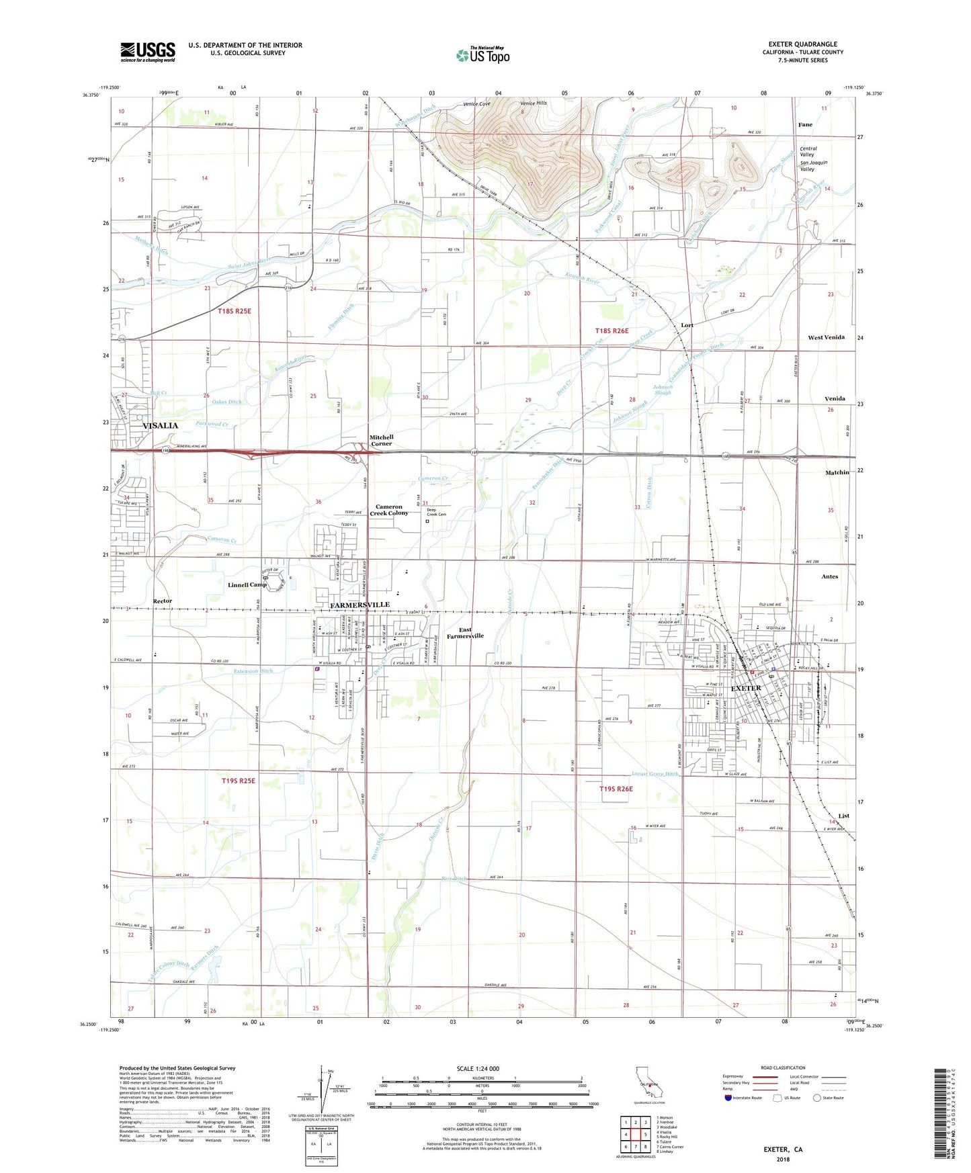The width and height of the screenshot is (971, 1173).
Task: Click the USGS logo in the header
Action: [x=147, y=52]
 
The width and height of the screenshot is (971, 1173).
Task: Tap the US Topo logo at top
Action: [x=482, y=55]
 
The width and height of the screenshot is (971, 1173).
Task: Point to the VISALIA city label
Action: [x=161, y=426]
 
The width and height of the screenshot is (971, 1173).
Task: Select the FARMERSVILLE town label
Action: [x=360, y=605]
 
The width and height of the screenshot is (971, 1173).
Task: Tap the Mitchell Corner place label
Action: [x=381, y=440]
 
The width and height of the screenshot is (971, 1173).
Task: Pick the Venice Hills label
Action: [x=534, y=103]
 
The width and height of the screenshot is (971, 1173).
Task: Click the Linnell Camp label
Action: [x=247, y=585]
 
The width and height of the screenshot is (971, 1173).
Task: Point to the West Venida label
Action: [x=826, y=337]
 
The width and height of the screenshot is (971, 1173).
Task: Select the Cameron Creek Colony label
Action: [x=389, y=510]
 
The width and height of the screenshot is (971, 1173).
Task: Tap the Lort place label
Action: [x=687, y=325]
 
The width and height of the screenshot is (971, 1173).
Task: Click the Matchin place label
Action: [x=837, y=472]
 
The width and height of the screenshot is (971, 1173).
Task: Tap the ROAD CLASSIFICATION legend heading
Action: [x=784, y=1068]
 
